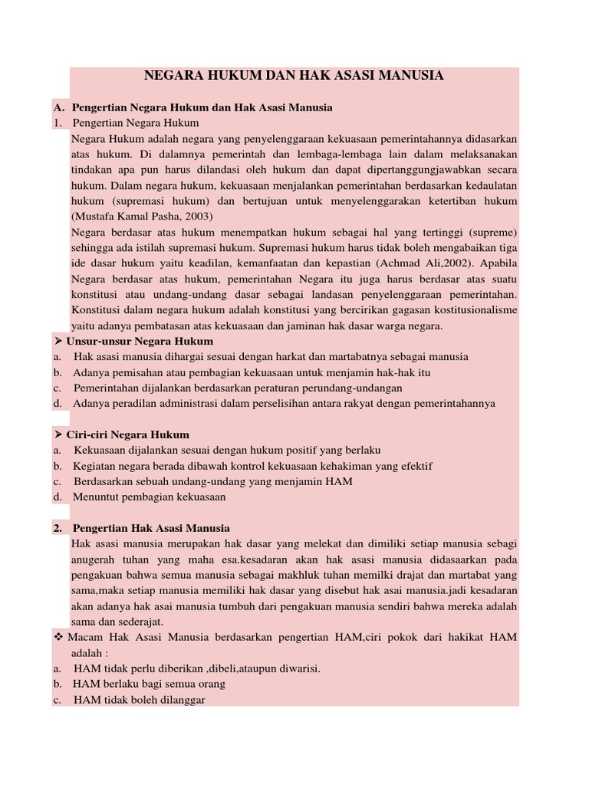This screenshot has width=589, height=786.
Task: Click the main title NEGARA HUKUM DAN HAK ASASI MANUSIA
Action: [x=294, y=76]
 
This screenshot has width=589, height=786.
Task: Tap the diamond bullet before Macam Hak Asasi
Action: [x=58, y=637]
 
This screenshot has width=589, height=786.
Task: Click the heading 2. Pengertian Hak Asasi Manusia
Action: [x=151, y=528]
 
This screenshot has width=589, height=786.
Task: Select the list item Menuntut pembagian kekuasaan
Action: [x=150, y=497]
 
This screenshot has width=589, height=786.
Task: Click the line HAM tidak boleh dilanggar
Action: [x=139, y=699]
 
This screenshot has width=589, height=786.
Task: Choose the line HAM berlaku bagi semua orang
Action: [x=149, y=684]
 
